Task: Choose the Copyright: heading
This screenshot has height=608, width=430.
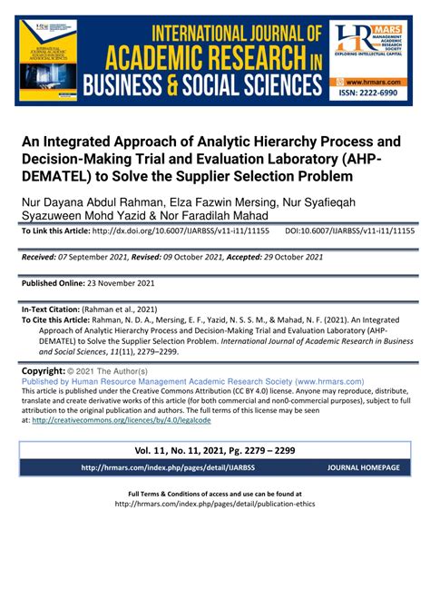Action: click(x=43, y=372)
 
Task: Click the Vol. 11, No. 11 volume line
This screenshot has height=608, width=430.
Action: click(x=214, y=449)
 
